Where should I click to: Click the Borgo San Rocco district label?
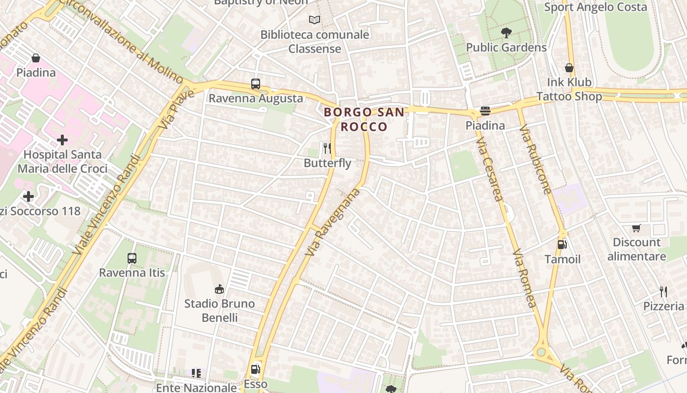pos(365,119)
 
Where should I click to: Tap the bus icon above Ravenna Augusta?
pos(255,84)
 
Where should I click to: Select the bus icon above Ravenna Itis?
pos(132,258)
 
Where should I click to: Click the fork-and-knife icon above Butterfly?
pos(327,148)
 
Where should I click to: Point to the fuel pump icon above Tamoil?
pos(562,244)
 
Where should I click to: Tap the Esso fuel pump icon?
pos(255,369)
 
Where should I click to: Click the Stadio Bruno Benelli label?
pos(219,310)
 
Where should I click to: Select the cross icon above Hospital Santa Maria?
pos(62,140)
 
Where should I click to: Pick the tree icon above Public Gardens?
pos(506,33)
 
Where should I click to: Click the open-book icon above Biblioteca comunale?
pos(315,20)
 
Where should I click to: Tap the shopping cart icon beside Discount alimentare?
pos(636,228)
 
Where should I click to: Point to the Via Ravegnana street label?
pos(333,222)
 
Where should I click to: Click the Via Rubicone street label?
pos(536,160)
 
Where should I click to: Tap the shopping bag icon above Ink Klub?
pos(569,67)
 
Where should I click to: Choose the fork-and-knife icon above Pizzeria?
pos(663,291)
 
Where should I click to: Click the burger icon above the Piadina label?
pos(485,111)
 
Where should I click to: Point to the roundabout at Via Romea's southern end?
pos(541,352)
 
